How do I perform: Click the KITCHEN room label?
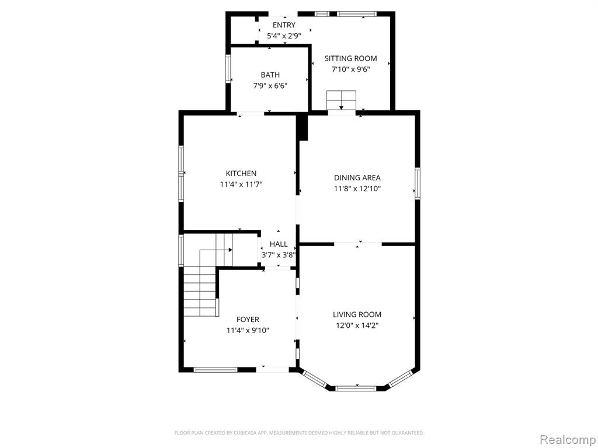[241, 173]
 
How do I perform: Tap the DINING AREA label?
[357, 177]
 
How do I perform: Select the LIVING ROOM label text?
[357, 314]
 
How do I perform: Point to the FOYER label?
[248, 319]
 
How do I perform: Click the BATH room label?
[270, 75]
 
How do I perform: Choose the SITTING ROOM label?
[350, 58]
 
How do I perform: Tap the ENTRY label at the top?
[284, 25]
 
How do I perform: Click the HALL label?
[279, 244]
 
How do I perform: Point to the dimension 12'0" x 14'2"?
[357, 325]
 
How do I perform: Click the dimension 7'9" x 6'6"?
[270, 86]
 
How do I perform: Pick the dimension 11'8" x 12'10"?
[357, 189]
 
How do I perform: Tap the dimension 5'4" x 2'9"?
[284, 36]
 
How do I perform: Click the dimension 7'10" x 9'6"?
[350, 70]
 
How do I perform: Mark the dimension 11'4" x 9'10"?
[248, 330]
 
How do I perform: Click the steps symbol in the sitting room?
[341, 100]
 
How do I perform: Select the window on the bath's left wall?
[228, 69]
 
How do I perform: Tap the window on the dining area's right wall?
[418, 183]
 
